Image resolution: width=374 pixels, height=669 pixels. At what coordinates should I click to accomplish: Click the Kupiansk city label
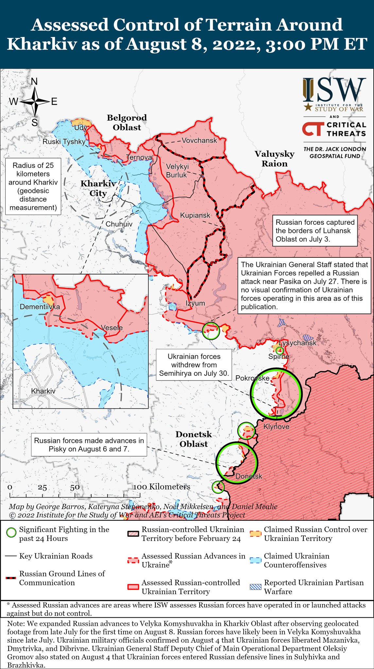[195, 216]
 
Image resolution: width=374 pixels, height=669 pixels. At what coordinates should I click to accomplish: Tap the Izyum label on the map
[195, 303]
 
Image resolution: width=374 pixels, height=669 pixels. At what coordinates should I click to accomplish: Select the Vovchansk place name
[199, 140]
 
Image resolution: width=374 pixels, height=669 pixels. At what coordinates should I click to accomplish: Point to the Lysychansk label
[297, 343]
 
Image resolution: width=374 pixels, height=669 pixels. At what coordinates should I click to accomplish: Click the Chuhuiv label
[119, 224]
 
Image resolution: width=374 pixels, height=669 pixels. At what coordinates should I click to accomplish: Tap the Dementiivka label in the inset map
[40, 307]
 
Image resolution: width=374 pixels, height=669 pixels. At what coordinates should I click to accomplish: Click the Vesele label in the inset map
[111, 328]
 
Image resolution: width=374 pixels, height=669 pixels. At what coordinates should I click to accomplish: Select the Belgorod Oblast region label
[127, 122]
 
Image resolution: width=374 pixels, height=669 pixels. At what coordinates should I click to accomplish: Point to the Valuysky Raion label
[275, 159]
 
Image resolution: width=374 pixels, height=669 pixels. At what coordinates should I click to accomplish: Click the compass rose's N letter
[34, 81]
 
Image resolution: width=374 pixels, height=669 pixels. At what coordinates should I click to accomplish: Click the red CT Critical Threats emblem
[312, 129]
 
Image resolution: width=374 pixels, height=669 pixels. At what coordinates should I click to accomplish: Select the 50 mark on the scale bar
[75, 487]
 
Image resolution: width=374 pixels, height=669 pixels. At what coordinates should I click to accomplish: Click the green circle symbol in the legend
[11, 533]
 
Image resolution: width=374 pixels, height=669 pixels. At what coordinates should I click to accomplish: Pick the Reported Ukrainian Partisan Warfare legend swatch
[256, 586]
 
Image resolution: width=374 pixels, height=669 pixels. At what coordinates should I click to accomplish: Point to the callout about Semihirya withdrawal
[194, 365]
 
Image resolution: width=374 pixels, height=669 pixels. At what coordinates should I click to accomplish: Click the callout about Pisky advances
[89, 445]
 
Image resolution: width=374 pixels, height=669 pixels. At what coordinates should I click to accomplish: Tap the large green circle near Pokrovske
[276, 394]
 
